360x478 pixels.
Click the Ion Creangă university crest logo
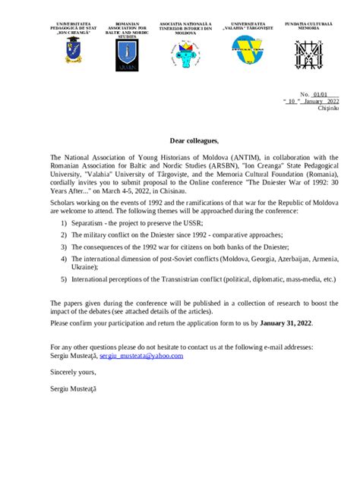pyautogui.click(x=74, y=52)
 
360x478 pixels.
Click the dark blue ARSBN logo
pyautogui.click(x=127, y=55)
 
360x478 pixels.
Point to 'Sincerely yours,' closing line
pyautogui.click(x=73, y=372)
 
